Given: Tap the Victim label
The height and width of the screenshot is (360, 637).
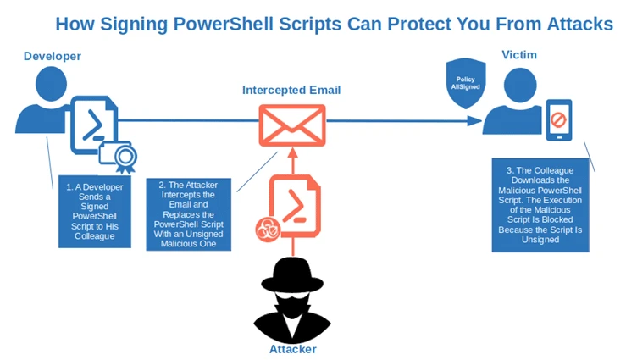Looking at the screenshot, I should pyautogui.click(x=518, y=55).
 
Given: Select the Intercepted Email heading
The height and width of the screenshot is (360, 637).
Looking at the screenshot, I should pyautogui.click(x=291, y=90).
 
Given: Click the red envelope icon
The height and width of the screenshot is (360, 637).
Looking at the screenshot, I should pyautogui.click(x=291, y=125).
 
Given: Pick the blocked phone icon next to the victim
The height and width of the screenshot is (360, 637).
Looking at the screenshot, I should pyautogui.click(x=558, y=121).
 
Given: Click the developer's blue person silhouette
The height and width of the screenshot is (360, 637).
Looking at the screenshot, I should pyautogui.click(x=40, y=103).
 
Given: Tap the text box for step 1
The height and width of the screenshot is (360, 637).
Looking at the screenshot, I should pyautogui.click(x=95, y=212).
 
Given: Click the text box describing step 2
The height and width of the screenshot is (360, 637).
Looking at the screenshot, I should pyautogui.click(x=187, y=213).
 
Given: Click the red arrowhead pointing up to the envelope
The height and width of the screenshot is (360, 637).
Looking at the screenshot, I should pyautogui.click(x=291, y=155).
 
